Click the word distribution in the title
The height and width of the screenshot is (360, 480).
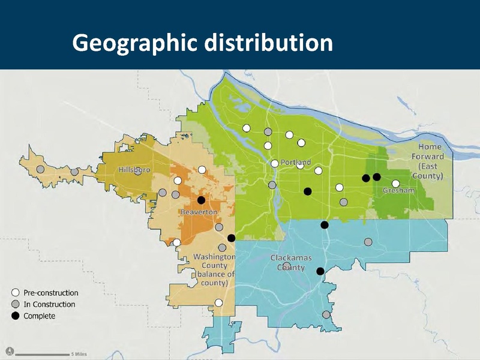click(268, 43)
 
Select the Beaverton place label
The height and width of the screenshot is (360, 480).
click(199, 212)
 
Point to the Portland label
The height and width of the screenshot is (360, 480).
click(296, 163)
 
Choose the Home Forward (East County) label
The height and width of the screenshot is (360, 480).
click(430, 161)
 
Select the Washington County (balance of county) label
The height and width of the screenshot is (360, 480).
click(214, 269)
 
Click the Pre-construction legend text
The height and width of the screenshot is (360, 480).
click(51, 293)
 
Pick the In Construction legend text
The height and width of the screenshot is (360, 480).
click(49, 304)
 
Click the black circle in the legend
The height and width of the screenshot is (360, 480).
click(16, 316)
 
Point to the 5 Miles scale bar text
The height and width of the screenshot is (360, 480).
click(79, 354)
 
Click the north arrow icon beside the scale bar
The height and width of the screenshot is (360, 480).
click(9, 351)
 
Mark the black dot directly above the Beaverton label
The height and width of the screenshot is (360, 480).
click(201, 200)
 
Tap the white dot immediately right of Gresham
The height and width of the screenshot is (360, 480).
click(395, 184)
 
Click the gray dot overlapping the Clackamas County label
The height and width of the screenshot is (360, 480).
click(287, 265)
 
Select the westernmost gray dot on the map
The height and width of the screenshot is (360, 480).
click(40, 169)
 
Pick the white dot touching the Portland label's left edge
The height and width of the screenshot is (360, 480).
click(274, 163)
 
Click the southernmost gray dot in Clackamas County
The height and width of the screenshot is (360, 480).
click(326, 314)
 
